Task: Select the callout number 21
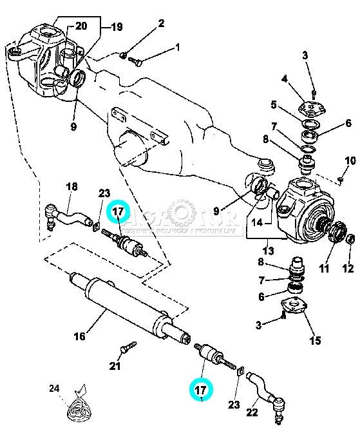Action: pyautogui.click(x=115, y=367)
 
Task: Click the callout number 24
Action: pyautogui.click(x=54, y=389)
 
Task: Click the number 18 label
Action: pyautogui.click(x=71, y=186)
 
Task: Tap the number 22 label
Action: pyautogui.click(x=252, y=413)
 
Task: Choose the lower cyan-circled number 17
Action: pyautogui.click(x=200, y=390)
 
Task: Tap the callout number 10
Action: pyautogui.click(x=350, y=160)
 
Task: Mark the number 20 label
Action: pyautogui.click(x=81, y=26)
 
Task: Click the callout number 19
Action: pyautogui.click(x=117, y=28)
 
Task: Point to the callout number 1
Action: pyautogui.click(x=177, y=47)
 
